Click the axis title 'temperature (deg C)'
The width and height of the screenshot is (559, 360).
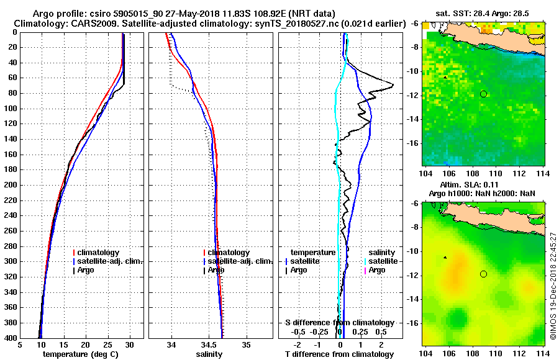pyautogui.click(x=81, y=354)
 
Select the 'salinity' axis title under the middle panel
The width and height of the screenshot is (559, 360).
pyautogui.click(x=208, y=354)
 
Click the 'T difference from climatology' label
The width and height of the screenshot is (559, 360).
pyautogui.click(x=339, y=354)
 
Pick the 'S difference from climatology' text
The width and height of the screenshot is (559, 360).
pyautogui.click(x=339, y=323)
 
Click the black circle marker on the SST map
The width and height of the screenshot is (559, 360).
pyautogui.click(x=483, y=94)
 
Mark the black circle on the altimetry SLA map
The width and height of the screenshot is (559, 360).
pyautogui.click(x=483, y=274)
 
